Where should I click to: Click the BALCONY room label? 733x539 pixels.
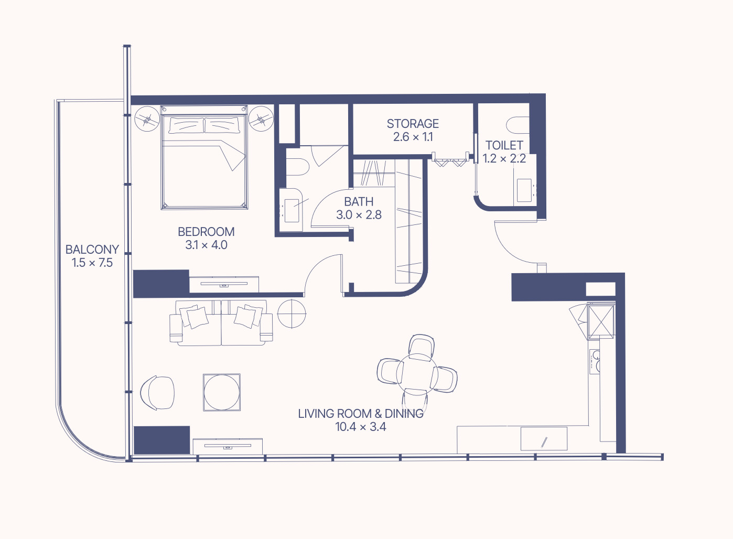click(92, 250)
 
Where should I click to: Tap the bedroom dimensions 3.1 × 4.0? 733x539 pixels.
click(206, 245)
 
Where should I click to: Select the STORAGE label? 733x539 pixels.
click(413, 124)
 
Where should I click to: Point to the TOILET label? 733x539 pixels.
click(504, 145)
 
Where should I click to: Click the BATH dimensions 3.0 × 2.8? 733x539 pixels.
click(359, 214)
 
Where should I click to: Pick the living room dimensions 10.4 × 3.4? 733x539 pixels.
click(361, 427)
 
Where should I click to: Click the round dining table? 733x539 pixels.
click(417, 374)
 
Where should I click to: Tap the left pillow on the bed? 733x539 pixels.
click(185, 125)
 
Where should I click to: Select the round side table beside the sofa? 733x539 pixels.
click(292, 314)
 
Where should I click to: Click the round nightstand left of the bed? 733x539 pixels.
click(147, 119)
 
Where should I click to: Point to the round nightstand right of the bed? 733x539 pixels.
click(261, 119)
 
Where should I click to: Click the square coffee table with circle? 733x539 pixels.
click(222, 392)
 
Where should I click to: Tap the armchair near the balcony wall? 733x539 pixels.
click(157, 393)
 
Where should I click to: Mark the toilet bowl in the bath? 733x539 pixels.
click(297, 167)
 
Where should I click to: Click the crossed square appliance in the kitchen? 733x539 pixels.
click(601, 321)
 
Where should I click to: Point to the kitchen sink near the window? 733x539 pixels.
click(544, 438)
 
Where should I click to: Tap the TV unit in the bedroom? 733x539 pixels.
click(224, 284)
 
